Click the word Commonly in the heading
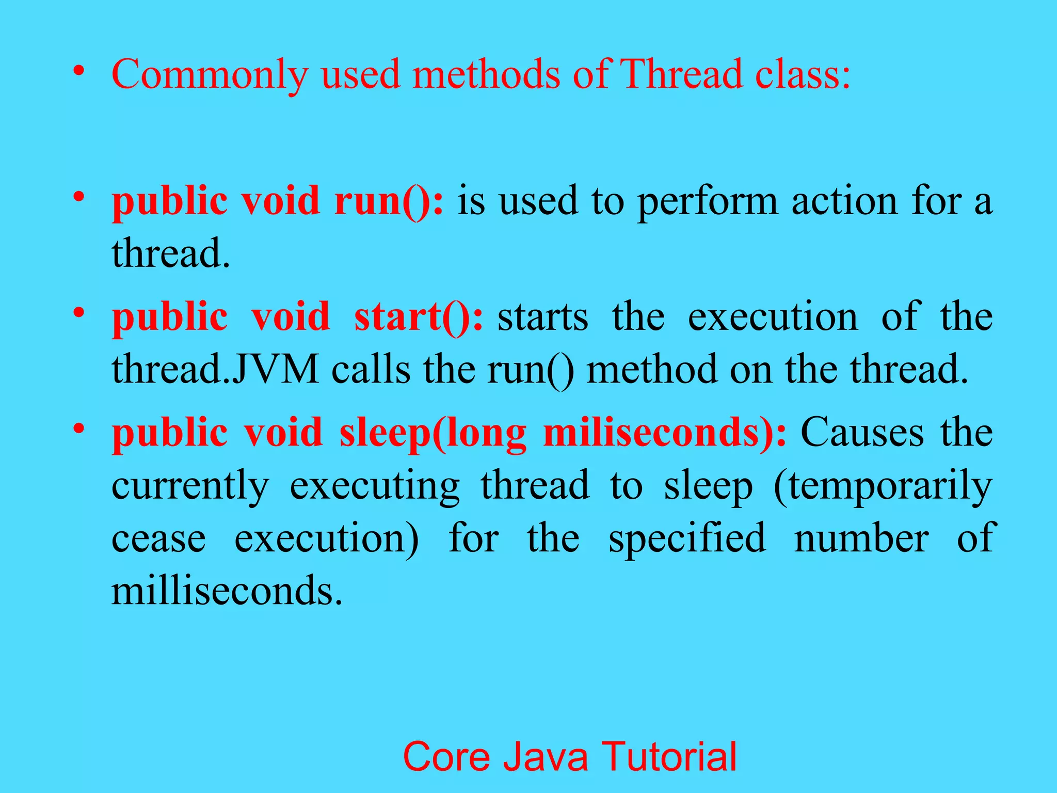point(210,75)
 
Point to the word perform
point(708,201)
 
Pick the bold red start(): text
point(419,316)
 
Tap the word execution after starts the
point(773,316)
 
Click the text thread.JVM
point(215,369)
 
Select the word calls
point(371,369)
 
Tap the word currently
point(190,486)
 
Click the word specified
point(687,538)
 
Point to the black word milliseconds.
point(227,591)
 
